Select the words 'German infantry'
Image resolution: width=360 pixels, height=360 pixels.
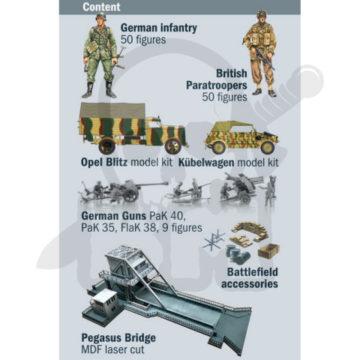tap(159, 28)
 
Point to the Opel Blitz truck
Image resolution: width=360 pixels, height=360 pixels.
tap(132, 127)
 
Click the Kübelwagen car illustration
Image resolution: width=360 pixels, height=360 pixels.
tap(236, 136)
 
